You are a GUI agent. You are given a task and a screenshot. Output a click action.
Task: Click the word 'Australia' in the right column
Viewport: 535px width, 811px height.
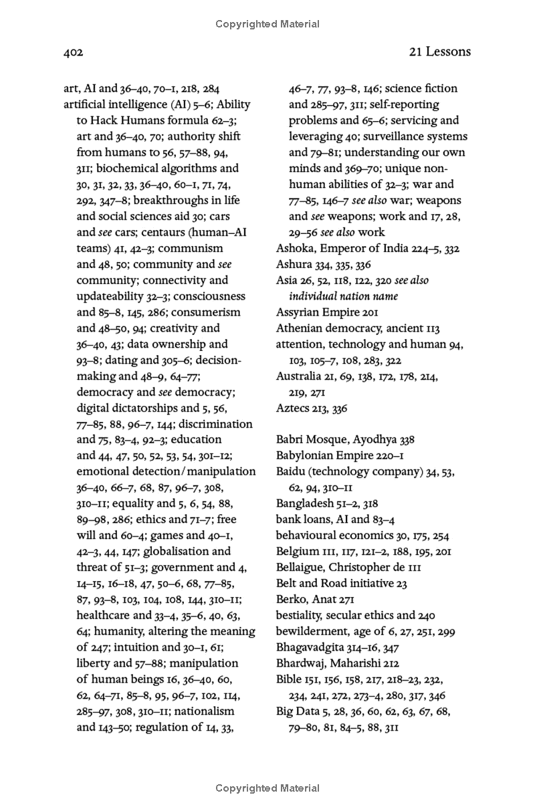(298, 376)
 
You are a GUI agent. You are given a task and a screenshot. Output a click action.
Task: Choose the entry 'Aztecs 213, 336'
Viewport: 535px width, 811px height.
(312, 408)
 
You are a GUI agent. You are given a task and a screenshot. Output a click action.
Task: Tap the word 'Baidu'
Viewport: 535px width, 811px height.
(291, 472)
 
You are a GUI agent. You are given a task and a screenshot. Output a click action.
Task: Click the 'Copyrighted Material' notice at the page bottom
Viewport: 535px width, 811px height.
(267, 789)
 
